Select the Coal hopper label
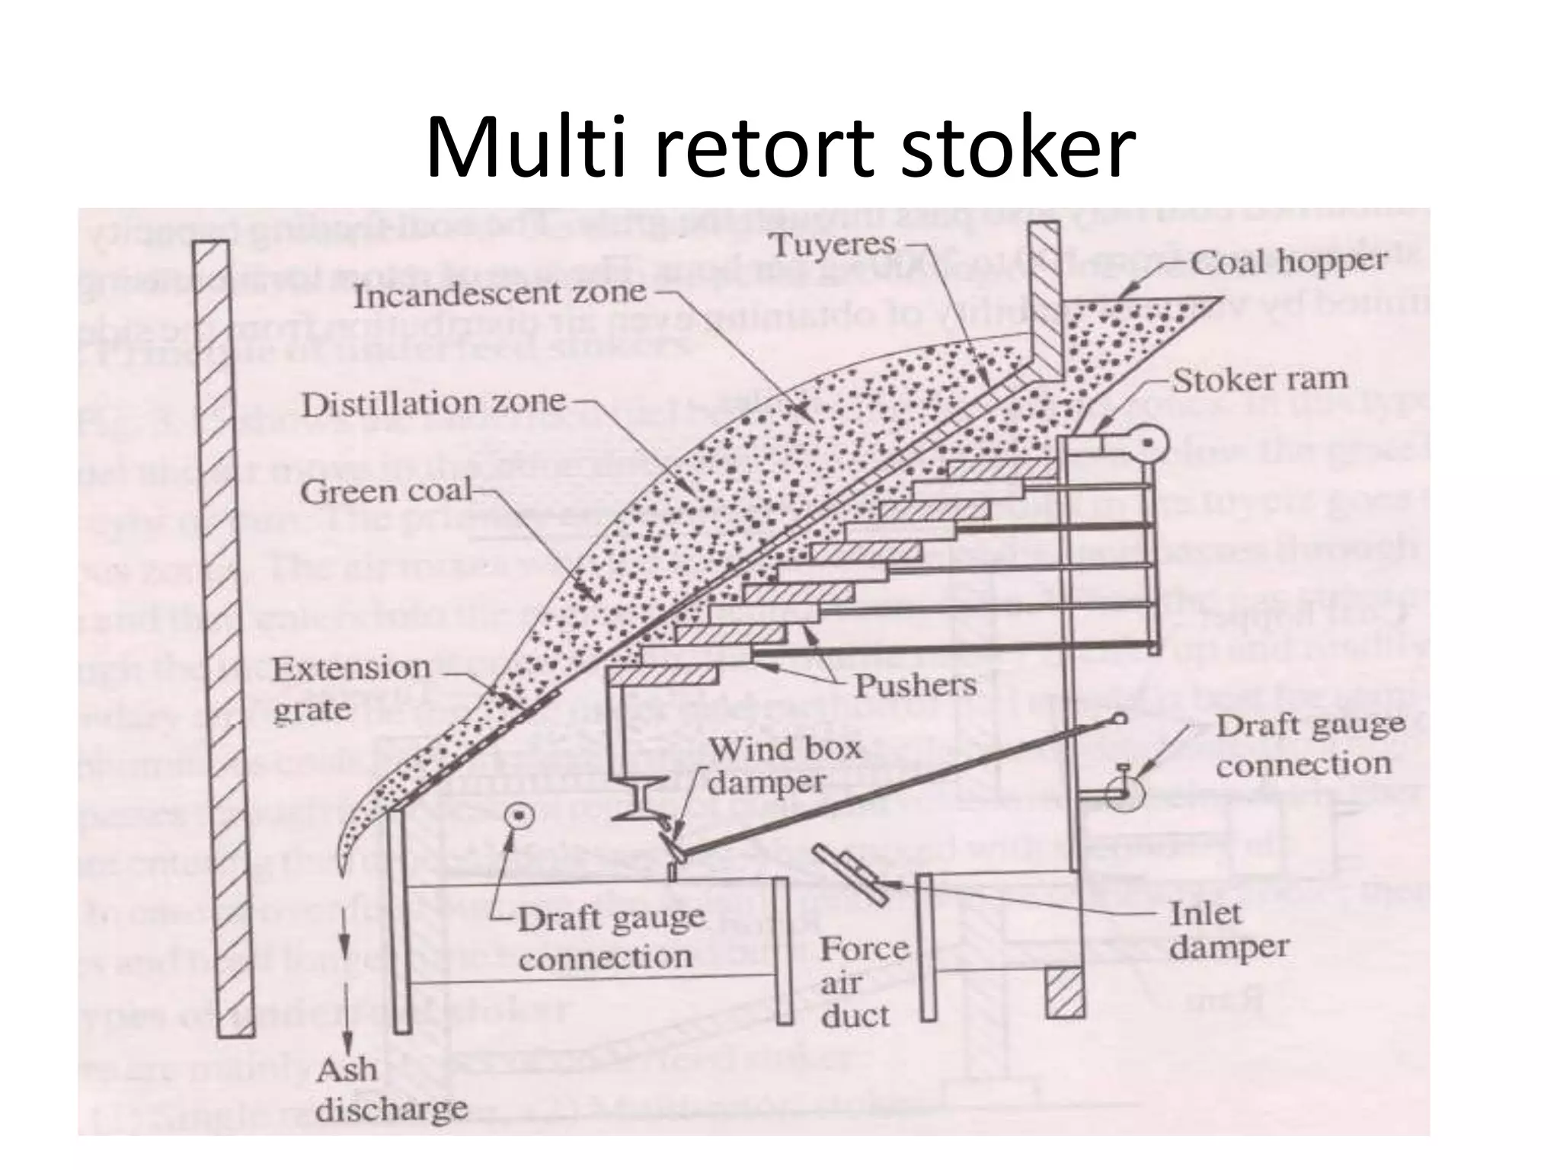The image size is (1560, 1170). point(1288,262)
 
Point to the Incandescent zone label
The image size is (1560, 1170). point(500,294)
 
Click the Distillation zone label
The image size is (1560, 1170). point(433,403)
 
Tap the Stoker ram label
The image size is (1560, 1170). point(1259,379)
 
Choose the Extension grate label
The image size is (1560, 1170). point(350,689)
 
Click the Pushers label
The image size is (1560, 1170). point(915,686)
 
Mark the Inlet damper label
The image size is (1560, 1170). point(1228,930)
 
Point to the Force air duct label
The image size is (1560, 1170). point(862,983)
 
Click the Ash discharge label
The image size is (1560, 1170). point(390,1090)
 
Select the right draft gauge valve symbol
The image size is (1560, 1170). point(1123,792)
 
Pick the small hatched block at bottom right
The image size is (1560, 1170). point(1064,993)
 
